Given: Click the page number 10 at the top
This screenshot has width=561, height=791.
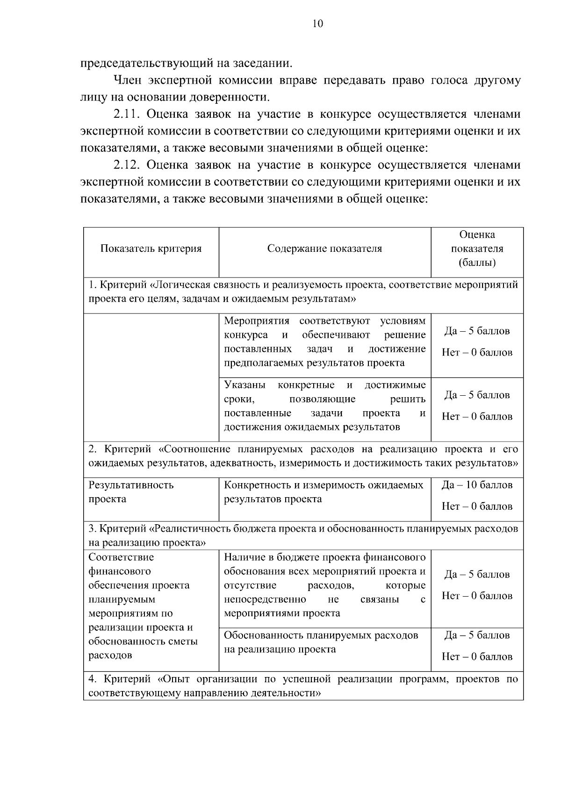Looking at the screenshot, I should pos(317,24).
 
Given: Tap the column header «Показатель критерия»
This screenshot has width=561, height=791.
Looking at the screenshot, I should pos(151,249).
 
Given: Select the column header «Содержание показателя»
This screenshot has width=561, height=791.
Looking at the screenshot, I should pos(324,249).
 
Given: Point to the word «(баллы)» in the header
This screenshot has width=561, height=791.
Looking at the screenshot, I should pos(477,263).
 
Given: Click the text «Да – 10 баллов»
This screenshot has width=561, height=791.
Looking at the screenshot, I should pos(477,485).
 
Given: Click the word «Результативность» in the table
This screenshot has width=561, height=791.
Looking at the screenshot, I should pos(131,485).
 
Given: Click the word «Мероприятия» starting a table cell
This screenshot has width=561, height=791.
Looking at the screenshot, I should pos(257,321).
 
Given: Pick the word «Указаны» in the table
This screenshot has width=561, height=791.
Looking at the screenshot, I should pos(245,385).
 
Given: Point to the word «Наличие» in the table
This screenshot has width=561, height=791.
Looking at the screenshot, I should pos(244,557).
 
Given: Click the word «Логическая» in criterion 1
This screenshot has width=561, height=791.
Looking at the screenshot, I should pos(180,285).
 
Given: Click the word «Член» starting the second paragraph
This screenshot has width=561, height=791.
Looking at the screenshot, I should pos(127,80).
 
